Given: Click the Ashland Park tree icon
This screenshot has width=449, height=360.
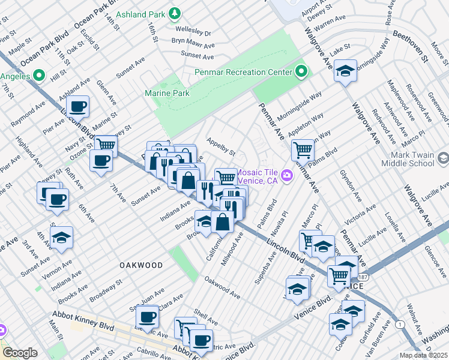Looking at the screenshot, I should point(175,13).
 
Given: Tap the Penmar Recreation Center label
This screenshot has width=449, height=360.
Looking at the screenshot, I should point(243,73).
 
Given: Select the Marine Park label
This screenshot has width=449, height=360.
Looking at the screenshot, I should point(167,93).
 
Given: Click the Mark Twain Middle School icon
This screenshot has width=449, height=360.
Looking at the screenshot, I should point(443,158).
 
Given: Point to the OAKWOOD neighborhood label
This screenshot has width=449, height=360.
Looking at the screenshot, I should point(141,265).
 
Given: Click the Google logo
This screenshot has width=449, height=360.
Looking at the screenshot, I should point(20,352).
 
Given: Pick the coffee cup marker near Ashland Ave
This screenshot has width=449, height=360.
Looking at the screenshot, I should point(77,107).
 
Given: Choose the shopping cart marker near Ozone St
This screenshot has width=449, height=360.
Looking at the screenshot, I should point(106,145).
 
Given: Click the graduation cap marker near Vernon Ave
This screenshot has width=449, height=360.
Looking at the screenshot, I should point(61,238).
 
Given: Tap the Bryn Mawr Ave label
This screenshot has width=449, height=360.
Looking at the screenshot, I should point(193,45).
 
